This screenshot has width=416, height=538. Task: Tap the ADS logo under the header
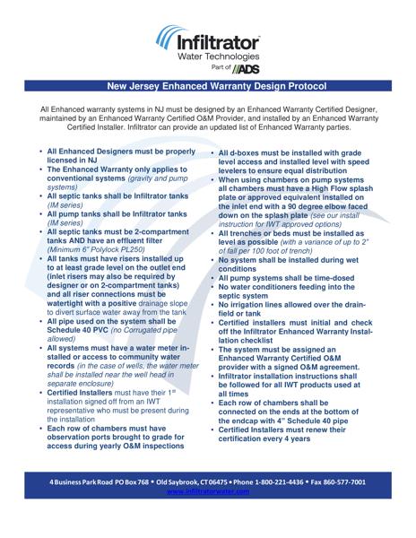coord(246,68)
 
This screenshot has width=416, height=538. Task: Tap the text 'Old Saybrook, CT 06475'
coord(175,482)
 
